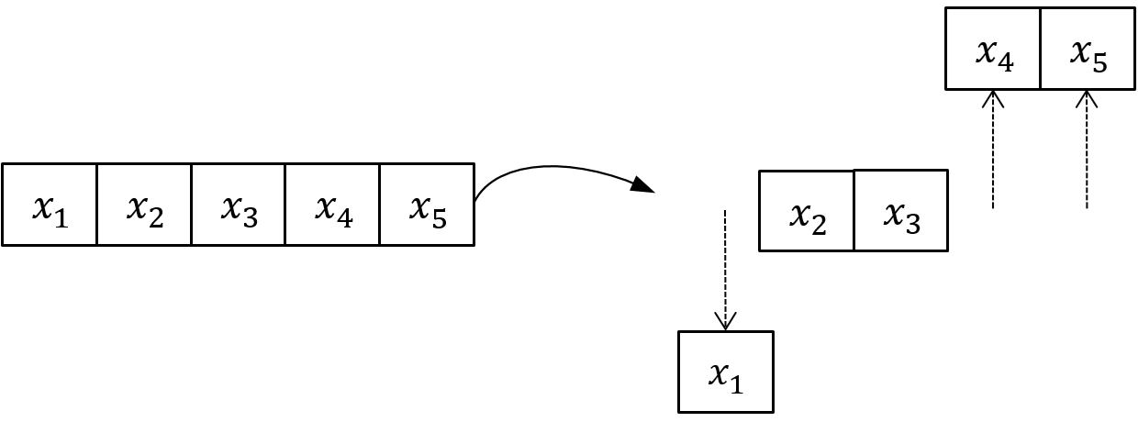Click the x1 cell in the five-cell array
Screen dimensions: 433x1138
coord(50,205)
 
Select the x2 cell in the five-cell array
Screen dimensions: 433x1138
coord(144,205)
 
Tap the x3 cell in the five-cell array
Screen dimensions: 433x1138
coord(239,205)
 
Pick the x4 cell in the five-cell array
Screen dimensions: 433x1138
coord(332,205)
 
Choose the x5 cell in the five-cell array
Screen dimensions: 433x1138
coord(427,205)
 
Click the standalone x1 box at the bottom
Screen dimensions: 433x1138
coord(726,372)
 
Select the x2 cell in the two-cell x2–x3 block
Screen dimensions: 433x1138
coord(807,211)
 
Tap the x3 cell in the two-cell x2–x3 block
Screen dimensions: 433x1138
coord(900,210)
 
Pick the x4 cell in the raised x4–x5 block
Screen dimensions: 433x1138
coord(993,49)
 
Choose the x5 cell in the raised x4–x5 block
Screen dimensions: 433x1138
coord(1088,49)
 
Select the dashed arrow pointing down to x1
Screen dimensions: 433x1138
coord(726,266)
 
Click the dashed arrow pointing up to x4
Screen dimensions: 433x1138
coord(993,151)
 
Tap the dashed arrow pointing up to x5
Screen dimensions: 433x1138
coord(1088,151)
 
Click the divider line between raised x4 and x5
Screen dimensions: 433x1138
coord(1041,49)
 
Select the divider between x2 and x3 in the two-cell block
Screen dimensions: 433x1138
coord(853,210)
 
